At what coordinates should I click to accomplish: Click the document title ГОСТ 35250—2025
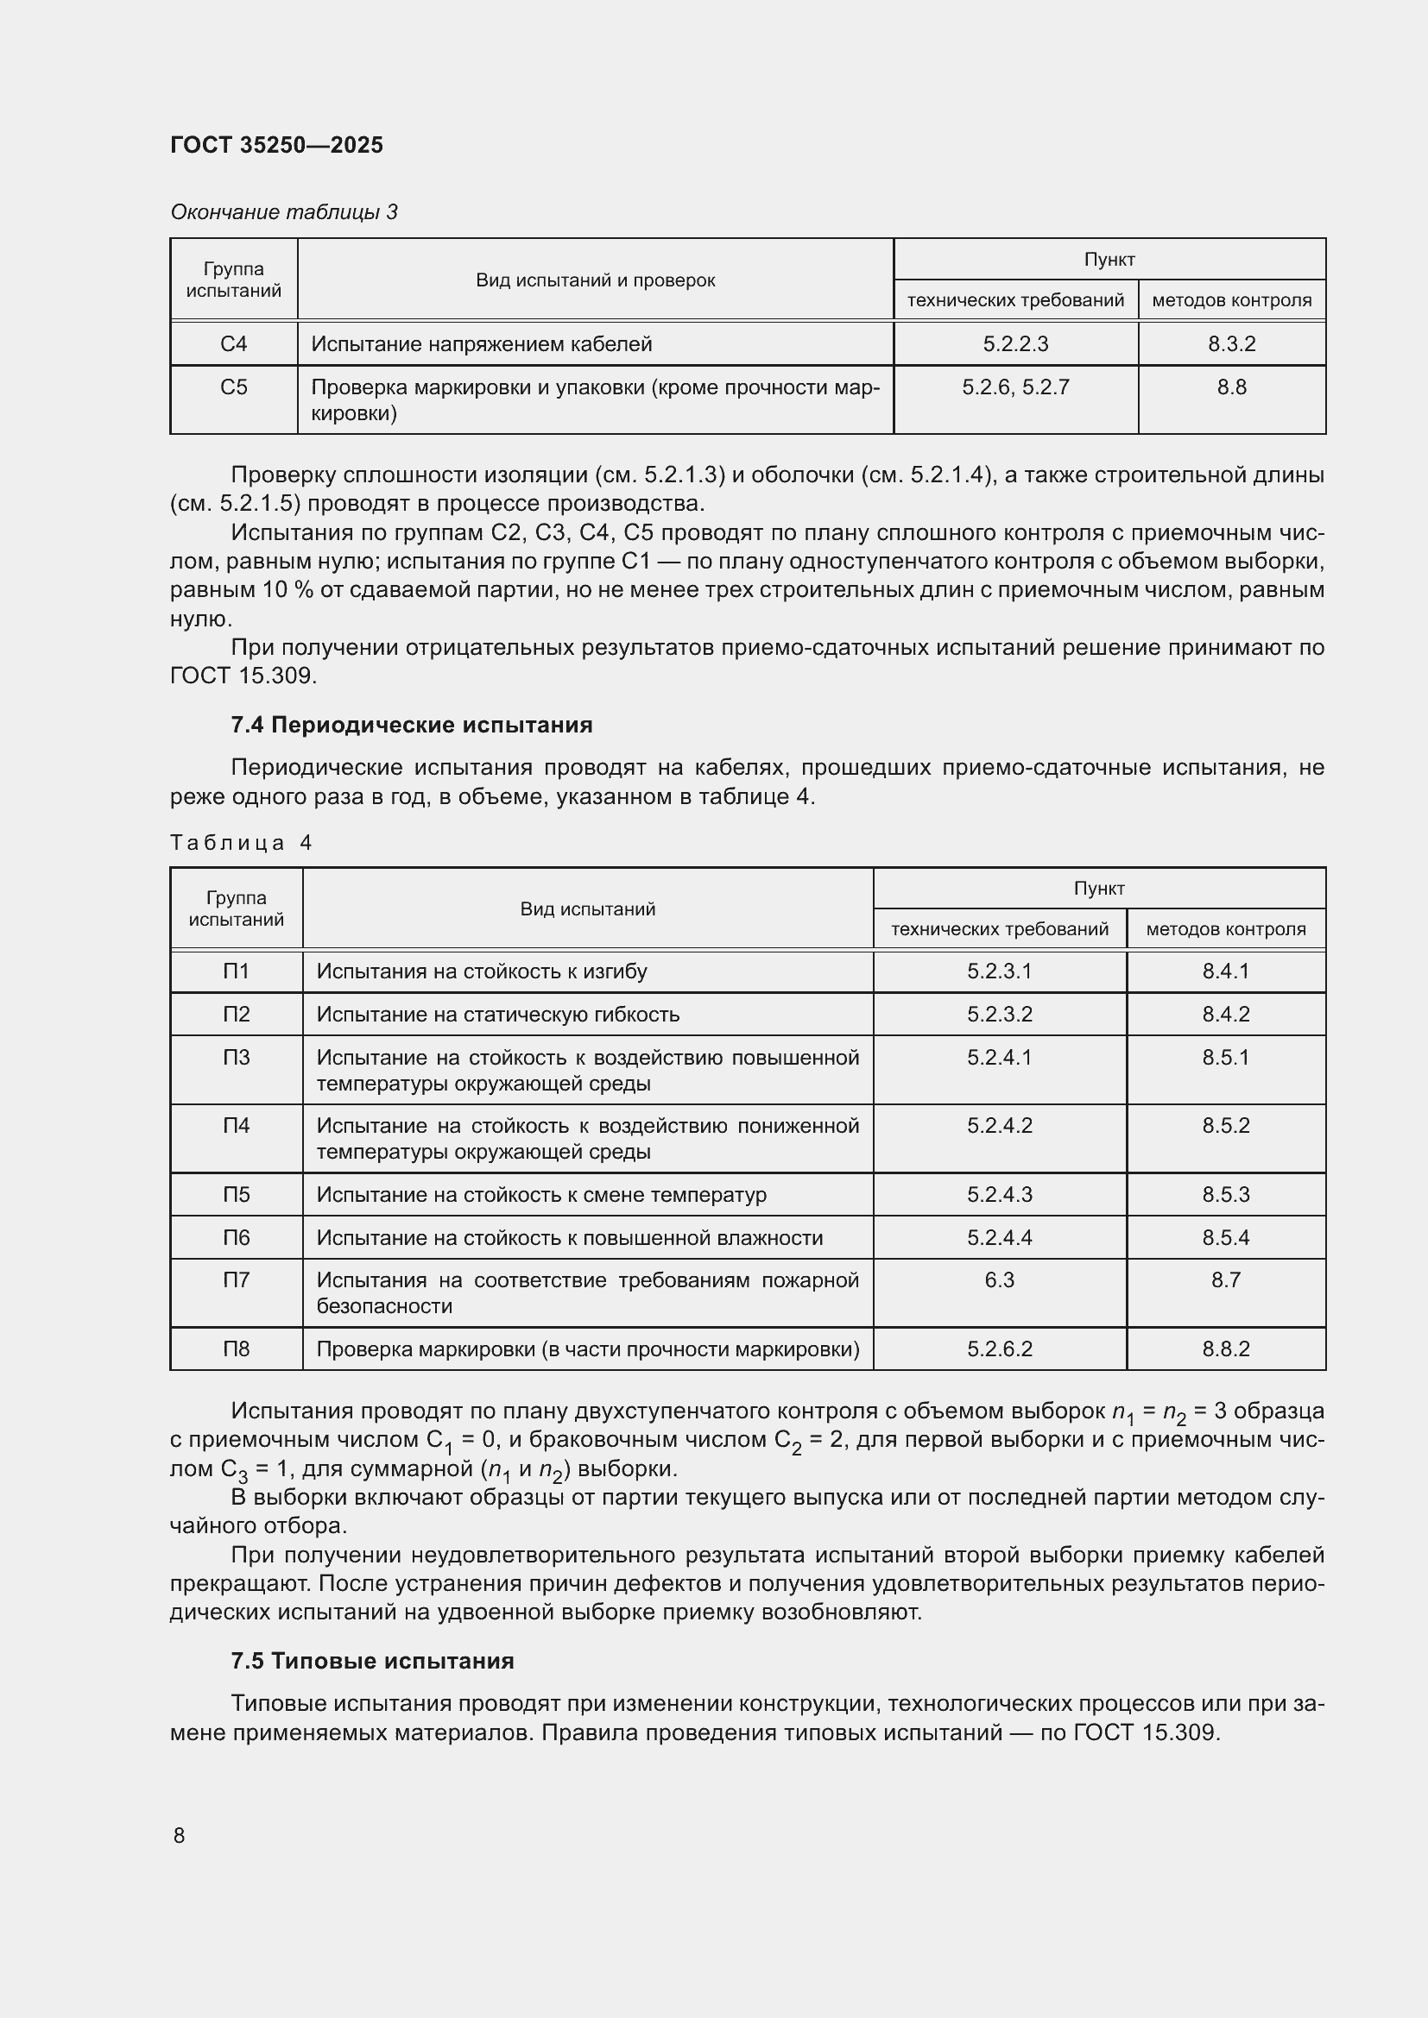(x=276, y=145)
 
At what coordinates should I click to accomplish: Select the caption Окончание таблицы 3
(x=283, y=212)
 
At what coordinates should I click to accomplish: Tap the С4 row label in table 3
(x=234, y=343)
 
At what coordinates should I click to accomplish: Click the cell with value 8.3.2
(x=1231, y=343)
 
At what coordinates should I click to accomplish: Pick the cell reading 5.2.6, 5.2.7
(x=1015, y=387)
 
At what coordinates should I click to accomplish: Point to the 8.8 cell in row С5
(x=1231, y=387)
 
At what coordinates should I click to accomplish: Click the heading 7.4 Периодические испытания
(x=412, y=725)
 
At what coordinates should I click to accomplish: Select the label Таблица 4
(x=240, y=843)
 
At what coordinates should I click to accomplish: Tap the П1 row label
(x=236, y=971)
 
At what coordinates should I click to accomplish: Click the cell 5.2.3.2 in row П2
(x=1000, y=1015)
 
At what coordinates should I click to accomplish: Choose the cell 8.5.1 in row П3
(x=1226, y=1058)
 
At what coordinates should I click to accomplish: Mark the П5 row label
(x=236, y=1194)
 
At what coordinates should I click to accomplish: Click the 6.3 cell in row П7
(x=1000, y=1279)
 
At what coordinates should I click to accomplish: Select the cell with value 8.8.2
(x=1226, y=1348)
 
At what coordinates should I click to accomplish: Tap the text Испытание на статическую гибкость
(x=497, y=1015)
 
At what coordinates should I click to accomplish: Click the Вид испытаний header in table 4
(x=587, y=908)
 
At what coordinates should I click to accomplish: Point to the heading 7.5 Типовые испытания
(x=372, y=1661)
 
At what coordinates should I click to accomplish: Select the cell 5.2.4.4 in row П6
(x=1000, y=1237)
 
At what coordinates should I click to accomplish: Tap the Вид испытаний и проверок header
(x=596, y=280)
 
